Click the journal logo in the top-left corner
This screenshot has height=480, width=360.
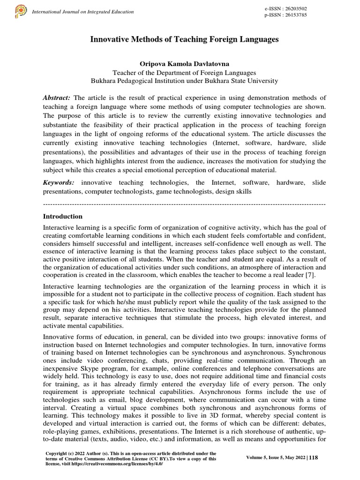coord(21,11)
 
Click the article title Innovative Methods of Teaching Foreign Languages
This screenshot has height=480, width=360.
coord(184,40)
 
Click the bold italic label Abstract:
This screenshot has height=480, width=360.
coord(57,97)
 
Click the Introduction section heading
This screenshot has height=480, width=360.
coord(63,217)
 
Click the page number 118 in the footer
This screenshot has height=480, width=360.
coord(313,458)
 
